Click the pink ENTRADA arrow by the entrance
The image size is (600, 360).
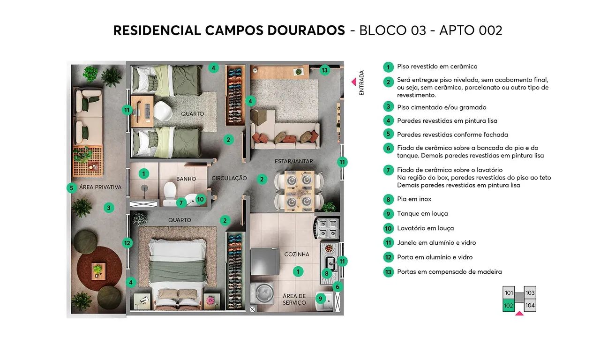(x=354, y=82)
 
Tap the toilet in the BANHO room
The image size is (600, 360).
(x=169, y=190)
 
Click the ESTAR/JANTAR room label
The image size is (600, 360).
(x=293, y=161)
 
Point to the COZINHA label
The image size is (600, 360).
(x=297, y=254)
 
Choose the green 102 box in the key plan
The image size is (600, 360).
(x=509, y=305)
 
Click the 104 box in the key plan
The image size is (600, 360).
(x=530, y=305)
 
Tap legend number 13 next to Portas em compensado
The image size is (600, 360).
(x=388, y=272)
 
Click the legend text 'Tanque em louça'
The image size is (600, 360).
(x=422, y=214)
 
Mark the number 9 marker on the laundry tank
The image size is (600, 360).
(x=321, y=298)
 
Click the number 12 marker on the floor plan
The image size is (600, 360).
(x=127, y=243)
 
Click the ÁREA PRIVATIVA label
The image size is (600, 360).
(x=100, y=187)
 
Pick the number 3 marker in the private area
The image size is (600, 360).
(x=108, y=207)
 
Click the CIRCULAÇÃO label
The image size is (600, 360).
(x=229, y=179)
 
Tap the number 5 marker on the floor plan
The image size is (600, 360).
(x=71, y=188)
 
